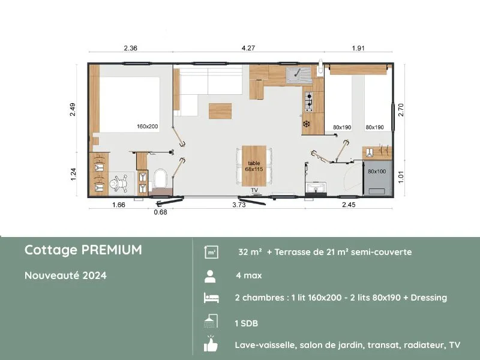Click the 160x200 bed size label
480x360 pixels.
point(147,126)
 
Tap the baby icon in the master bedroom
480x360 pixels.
point(119,184)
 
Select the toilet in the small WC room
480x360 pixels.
point(160,178)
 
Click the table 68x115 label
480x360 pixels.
point(254,166)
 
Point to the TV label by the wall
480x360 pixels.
point(254,190)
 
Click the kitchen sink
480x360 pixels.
point(298,76)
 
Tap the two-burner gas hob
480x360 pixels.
point(308,101)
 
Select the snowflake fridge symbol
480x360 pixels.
point(306,124)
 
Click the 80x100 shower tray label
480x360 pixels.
point(377,172)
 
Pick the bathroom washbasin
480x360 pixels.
point(316,188)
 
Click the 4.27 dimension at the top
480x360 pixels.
point(248,48)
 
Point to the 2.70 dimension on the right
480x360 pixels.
point(401,110)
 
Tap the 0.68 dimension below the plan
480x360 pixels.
point(160,212)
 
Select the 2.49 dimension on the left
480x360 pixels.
point(73,109)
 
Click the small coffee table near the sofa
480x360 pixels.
point(220,111)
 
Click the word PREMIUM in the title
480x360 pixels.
point(112,250)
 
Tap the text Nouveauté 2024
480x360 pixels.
point(65,275)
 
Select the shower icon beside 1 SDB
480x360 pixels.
point(211,321)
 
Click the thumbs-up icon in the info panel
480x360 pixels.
point(211,344)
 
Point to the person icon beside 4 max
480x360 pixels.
point(211,276)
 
